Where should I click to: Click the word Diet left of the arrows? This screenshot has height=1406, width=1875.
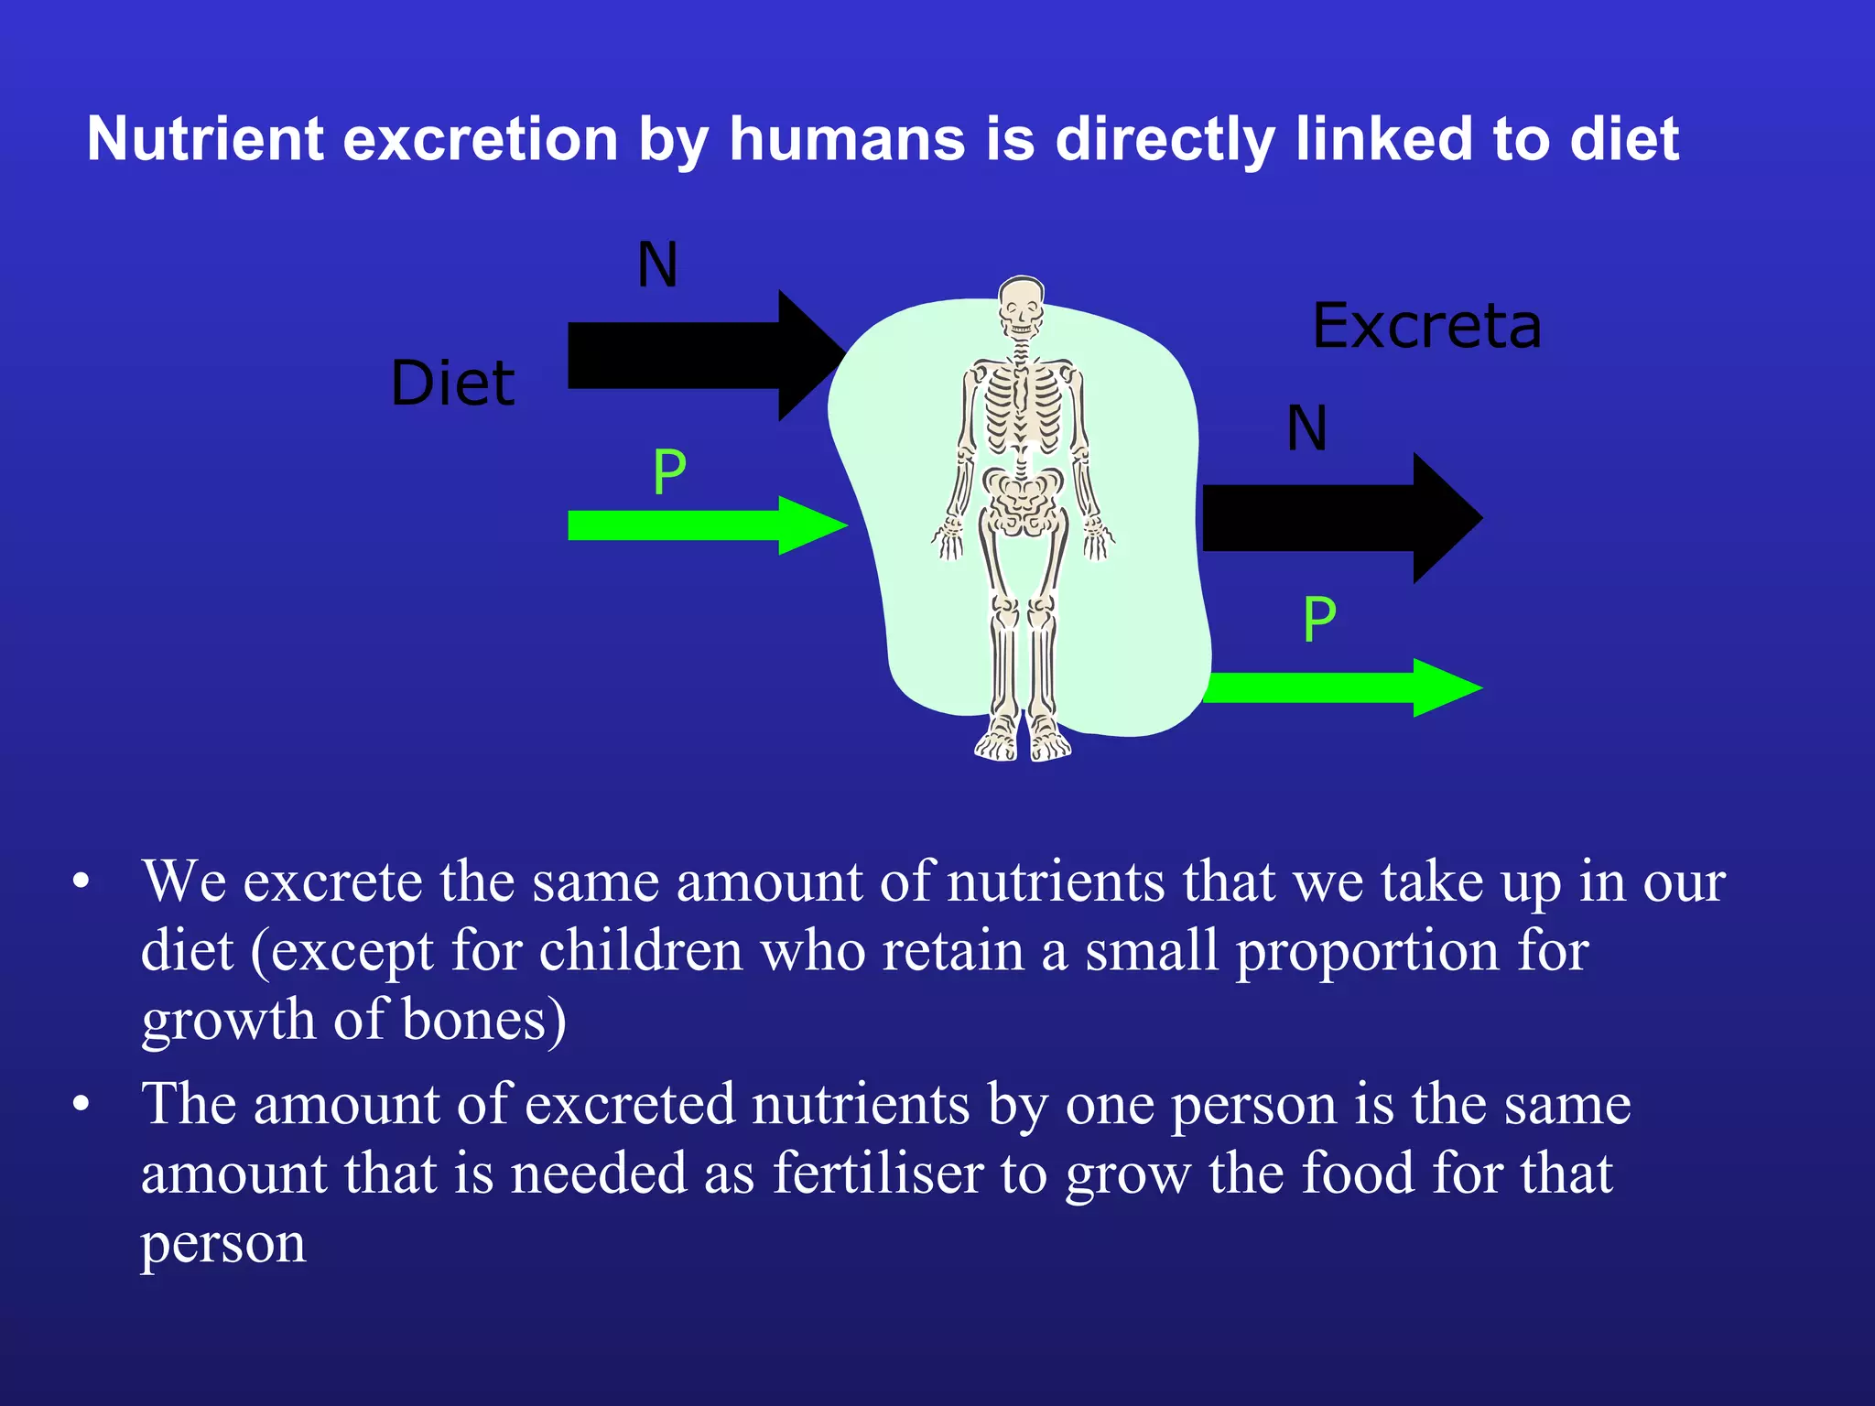(452, 383)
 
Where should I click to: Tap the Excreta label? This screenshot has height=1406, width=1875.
(1426, 327)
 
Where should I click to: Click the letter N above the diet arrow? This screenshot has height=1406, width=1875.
(657, 265)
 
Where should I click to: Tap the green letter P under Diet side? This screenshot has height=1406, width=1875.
(669, 473)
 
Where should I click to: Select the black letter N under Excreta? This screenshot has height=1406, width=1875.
(1306, 428)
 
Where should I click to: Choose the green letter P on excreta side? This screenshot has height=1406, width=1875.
(1319, 621)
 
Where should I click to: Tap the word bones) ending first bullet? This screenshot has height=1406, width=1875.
(483, 1020)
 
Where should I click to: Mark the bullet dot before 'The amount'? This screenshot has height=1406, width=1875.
(81, 1104)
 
